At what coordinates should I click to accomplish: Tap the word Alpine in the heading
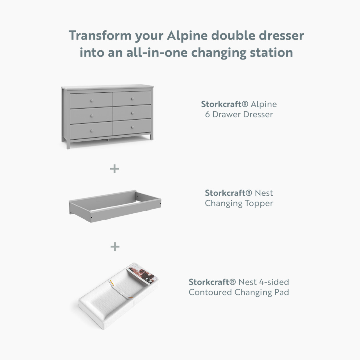click(187, 36)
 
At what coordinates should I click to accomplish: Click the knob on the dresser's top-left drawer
click(92, 101)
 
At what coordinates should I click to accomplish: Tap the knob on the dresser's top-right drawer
click(132, 99)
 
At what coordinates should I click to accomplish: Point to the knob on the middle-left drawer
click(92, 116)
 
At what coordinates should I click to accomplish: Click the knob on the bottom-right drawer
click(132, 127)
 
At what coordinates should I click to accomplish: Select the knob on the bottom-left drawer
click(92, 131)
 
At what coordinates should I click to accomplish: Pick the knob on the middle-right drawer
click(132, 113)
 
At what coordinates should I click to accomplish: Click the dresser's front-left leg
click(68, 145)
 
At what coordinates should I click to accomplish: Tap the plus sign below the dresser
click(115, 169)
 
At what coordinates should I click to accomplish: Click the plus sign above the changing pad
click(115, 247)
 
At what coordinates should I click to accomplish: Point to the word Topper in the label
click(259, 203)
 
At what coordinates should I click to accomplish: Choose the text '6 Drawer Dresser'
click(239, 114)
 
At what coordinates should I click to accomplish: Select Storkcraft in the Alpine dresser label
click(221, 104)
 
